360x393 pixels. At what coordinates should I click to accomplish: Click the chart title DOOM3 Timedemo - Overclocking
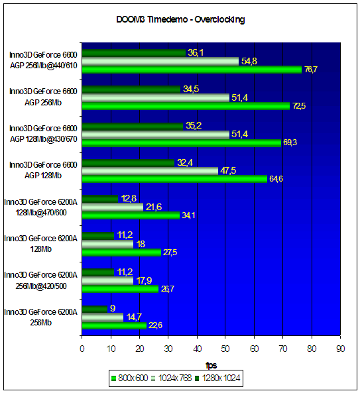pos(180,19)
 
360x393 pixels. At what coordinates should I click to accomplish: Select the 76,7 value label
pos(311,70)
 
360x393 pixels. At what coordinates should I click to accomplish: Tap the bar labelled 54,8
pos(160,62)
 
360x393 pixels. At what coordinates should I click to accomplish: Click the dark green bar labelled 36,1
pos(134,53)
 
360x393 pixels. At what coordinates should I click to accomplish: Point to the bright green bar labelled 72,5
pos(186,106)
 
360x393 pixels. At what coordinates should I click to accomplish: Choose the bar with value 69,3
pos(182,143)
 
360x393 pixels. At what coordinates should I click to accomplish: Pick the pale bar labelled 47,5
pos(150,171)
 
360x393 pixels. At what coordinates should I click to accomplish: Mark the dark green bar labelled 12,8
pos(99,199)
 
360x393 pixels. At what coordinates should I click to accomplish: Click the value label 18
pos(141,244)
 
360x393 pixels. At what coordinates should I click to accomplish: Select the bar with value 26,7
pos(120,289)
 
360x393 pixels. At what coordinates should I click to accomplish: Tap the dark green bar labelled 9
pos(95,309)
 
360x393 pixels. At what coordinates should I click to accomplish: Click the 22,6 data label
pos(155,325)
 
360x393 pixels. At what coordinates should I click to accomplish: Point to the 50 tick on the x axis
pos(225,349)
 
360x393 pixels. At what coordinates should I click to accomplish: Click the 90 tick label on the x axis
pos(341,349)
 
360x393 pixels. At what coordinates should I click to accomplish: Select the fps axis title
pos(211,365)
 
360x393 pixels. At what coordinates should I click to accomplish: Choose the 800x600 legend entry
pos(129,378)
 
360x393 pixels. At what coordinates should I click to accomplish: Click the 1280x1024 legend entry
pos(217,378)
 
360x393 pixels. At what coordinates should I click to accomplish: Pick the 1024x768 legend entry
pos(172,378)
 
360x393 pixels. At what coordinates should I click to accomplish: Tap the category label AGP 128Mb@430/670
pos(43,139)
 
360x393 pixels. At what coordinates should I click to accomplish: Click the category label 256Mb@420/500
pos(41,286)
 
